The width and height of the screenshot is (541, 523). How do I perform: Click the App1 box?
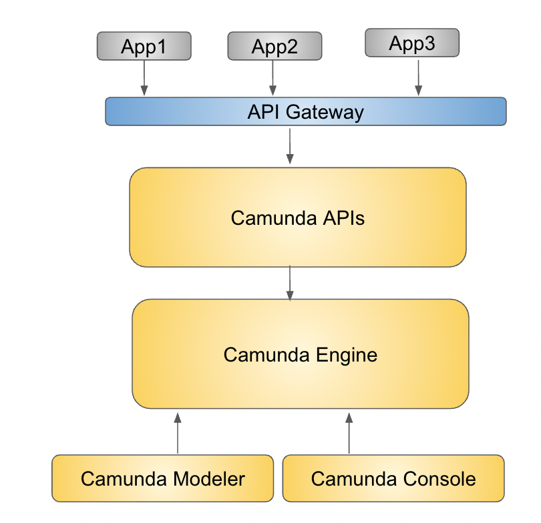coord(144,46)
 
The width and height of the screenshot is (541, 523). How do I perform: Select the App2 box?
coord(275,46)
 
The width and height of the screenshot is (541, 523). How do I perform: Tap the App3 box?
coord(412,43)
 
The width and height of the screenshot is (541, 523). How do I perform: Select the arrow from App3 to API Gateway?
coord(419,77)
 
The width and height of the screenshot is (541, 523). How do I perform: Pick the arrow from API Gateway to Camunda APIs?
coord(290,146)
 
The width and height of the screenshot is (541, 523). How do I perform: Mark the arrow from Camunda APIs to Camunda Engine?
coord(290,283)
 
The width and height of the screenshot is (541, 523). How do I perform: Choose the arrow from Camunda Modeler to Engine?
coord(178,433)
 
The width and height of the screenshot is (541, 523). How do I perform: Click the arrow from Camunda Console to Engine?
coord(349,433)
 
